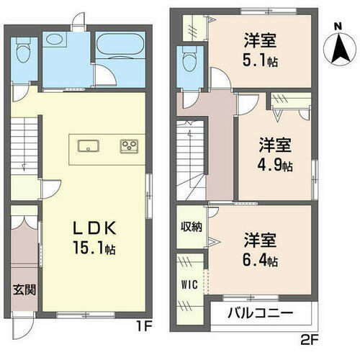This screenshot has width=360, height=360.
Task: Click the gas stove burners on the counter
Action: (x=129, y=146)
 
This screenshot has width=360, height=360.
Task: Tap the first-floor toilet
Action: (x=22, y=52)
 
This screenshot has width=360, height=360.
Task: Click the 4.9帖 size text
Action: (x=275, y=166)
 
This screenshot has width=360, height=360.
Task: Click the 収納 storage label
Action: (x=191, y=227)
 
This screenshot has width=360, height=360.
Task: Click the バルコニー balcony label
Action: (x=260, y=314)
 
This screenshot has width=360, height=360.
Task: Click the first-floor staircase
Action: (x=24, y=148)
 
